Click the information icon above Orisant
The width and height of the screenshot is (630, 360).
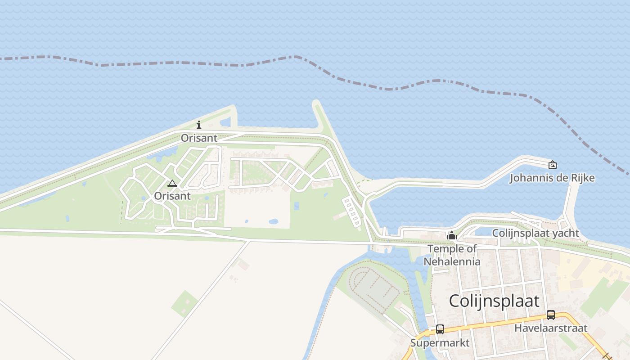click(x=199, y=125)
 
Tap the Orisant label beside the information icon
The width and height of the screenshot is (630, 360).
click(x=199, y=138)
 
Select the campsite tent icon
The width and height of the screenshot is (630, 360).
click(x=172, y=183)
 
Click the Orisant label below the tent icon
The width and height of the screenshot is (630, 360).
click(x=172, y=196)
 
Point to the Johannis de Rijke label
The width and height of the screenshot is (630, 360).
click(x=552, y=178)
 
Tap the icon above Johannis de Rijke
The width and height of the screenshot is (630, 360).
click(x=552, y=165)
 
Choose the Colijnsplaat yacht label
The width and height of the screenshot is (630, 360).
click(x=535, y=233)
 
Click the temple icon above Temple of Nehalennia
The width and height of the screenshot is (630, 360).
click(x=452, y=235)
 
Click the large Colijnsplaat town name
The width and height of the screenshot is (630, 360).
click(x=494, y=301)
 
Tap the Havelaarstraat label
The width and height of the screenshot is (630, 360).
click(x=551, y=328)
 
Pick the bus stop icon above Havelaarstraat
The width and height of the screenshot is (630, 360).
click(x=551, y=315)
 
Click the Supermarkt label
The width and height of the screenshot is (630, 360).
click(x=440, y=343)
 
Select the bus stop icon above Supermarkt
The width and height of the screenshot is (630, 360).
click(x=440, y=329)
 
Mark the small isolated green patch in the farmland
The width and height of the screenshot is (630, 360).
click(x=184, y=303)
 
